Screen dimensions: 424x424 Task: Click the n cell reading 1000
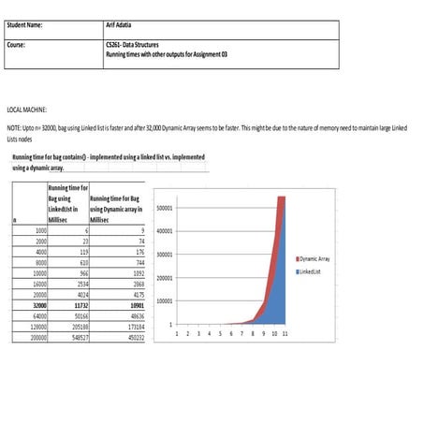(x=41, y=229)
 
